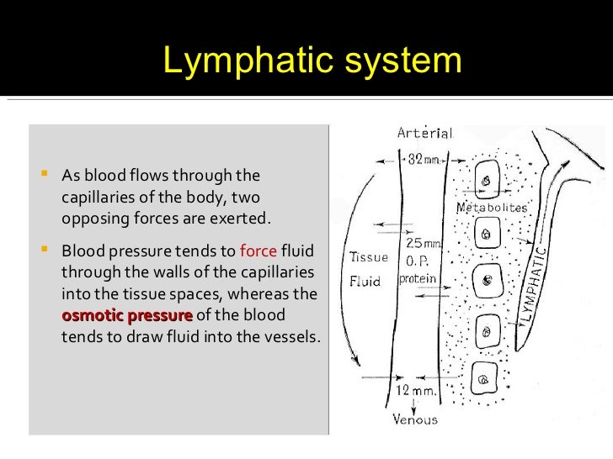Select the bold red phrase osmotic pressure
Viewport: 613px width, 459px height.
[x=127, y=316]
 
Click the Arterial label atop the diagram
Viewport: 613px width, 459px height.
[x=426, y=133]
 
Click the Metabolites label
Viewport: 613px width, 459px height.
[x=491, y=208]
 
